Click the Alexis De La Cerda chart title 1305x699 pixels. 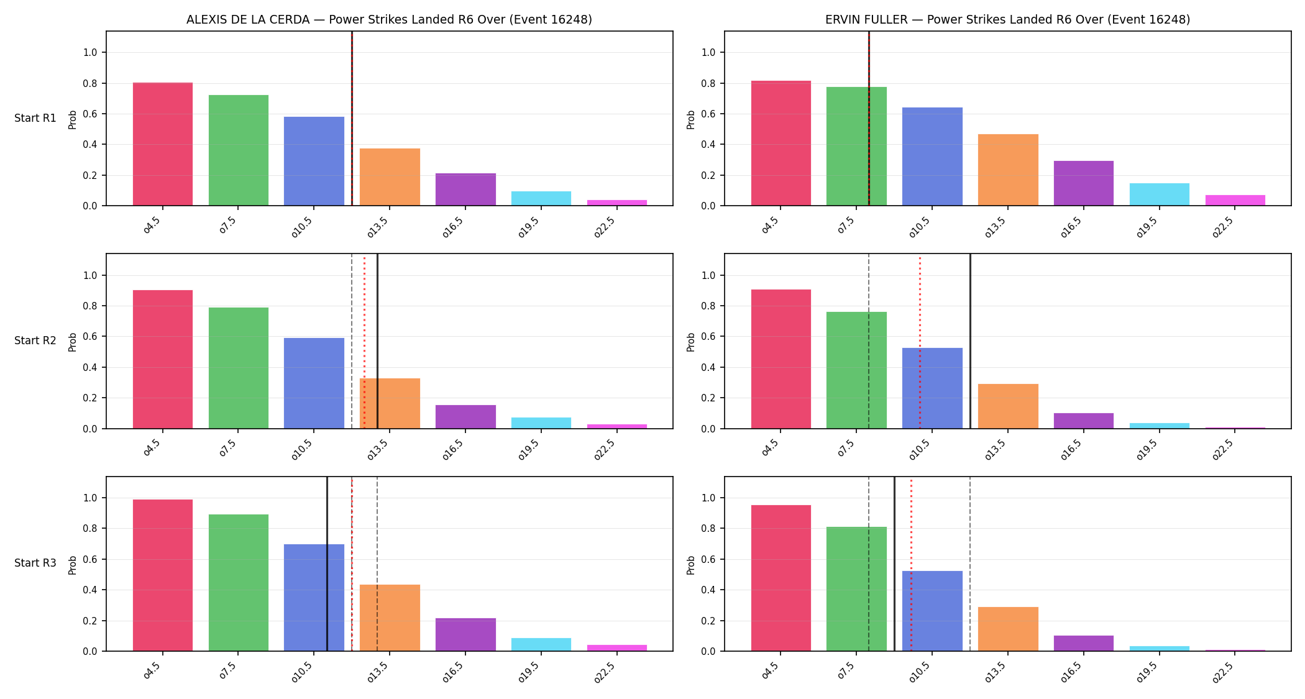pyautogui.click(x=389, y=19)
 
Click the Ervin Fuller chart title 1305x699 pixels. pyautogui.click(x=1007, y=19)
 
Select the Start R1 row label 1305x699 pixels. pyautogui.click(x=35, y=118)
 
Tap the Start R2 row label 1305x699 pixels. pyautogui.click(x=35, y=340)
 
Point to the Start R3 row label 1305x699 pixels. pyautogui.click(x=35, y=563)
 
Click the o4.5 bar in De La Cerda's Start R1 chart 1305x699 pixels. pyautogui.click(x=163, y=144)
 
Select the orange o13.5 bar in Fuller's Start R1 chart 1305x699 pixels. pyautogui.click(x=1008, y=170)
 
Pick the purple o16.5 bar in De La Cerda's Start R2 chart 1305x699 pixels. pyautogui.click(x=465, y=417)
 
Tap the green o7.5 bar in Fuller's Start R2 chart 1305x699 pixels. pyautogui.click(x=856, y=370)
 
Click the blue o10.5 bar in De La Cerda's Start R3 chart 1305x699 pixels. pyautogui.click(x=314, y=598)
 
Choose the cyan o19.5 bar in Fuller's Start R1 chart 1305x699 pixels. pyautogui.click(x=1160, y=194)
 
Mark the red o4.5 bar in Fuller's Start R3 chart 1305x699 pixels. pyautogui.click(x=781, y=578)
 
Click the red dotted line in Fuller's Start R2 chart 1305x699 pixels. pyautogui.click(x=920, y=341)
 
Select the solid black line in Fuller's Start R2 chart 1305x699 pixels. pyautogui.click(x=970, y=341)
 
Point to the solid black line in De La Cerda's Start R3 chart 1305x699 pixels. pyautogui.click(x=327, y=564)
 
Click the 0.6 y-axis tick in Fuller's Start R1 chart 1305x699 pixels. pyautogui.click(x=708, y=114)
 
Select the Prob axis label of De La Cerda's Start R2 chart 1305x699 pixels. pyautogui.click(x=73, y=342)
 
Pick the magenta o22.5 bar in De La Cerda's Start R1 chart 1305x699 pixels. pyautogui.click(x=617, y=203)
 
